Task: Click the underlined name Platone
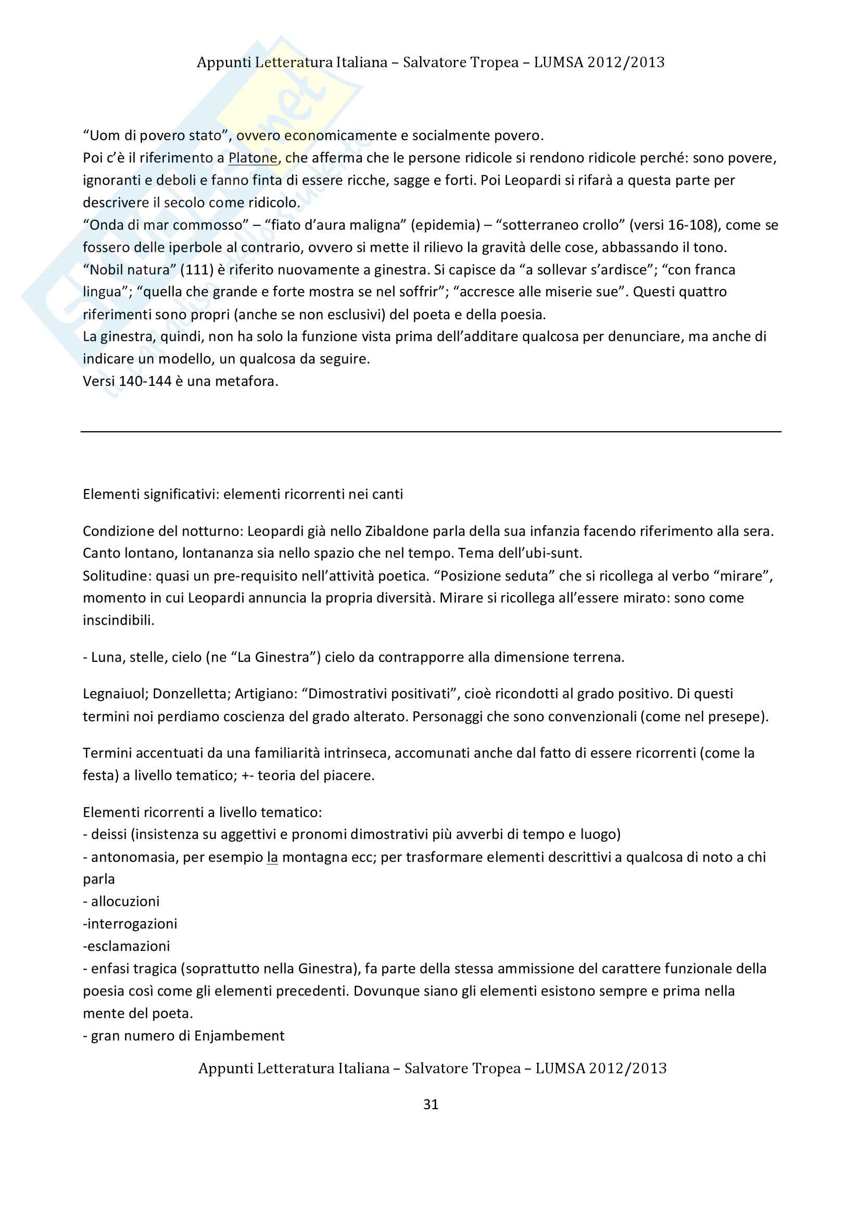click(x=253, y=158)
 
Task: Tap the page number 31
click(x=430, y=1104)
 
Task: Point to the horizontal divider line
click(x=430, y=432)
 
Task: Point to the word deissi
click(x=109, y=834)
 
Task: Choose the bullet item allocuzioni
click(x=125, y=901)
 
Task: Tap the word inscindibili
click(x=118, y=620)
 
